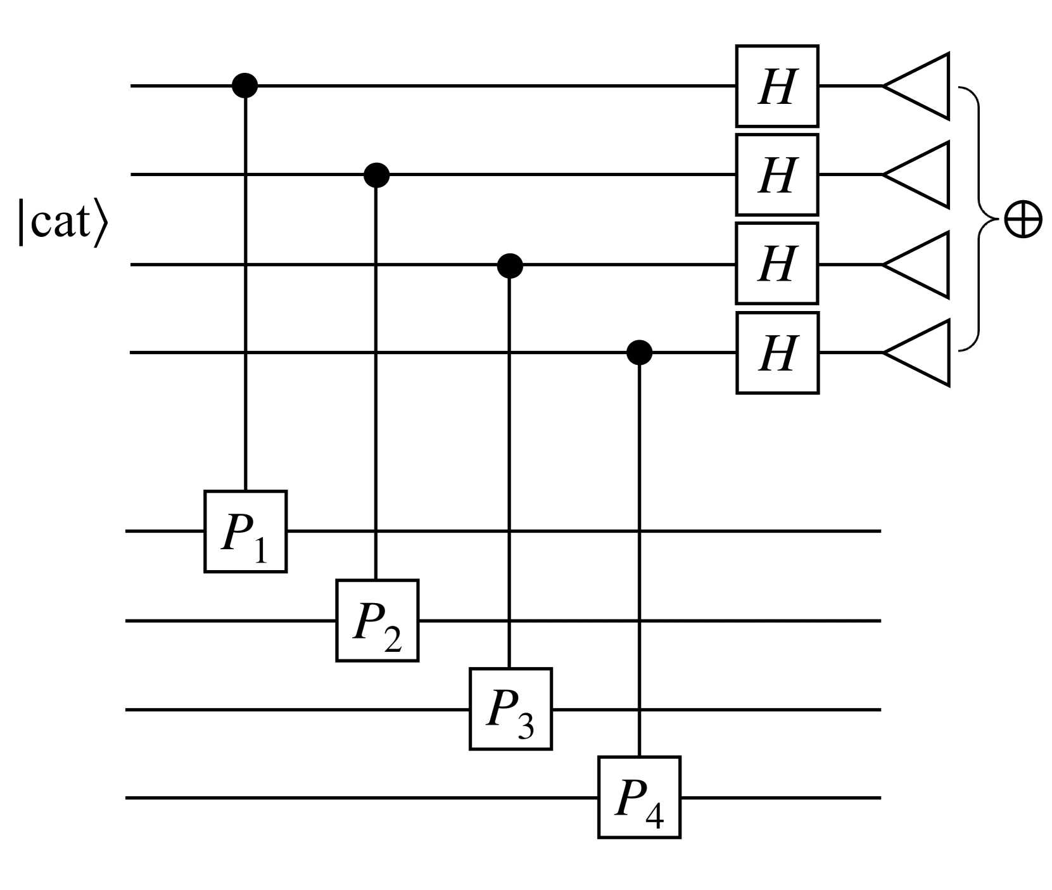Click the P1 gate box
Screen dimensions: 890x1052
245,531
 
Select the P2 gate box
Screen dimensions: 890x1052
377,621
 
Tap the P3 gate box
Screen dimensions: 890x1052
510,709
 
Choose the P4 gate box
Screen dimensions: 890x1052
639,798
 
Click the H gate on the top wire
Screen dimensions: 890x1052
777,86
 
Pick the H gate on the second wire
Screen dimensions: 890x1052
777,175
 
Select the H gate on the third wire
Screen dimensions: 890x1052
777,264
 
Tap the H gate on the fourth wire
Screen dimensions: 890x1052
777,353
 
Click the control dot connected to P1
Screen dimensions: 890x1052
245,85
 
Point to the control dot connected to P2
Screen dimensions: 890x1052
377,174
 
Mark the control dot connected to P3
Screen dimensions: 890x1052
510,265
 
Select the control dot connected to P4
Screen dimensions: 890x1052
639,352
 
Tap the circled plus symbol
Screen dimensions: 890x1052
1023,220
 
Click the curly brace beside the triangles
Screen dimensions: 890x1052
979,219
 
